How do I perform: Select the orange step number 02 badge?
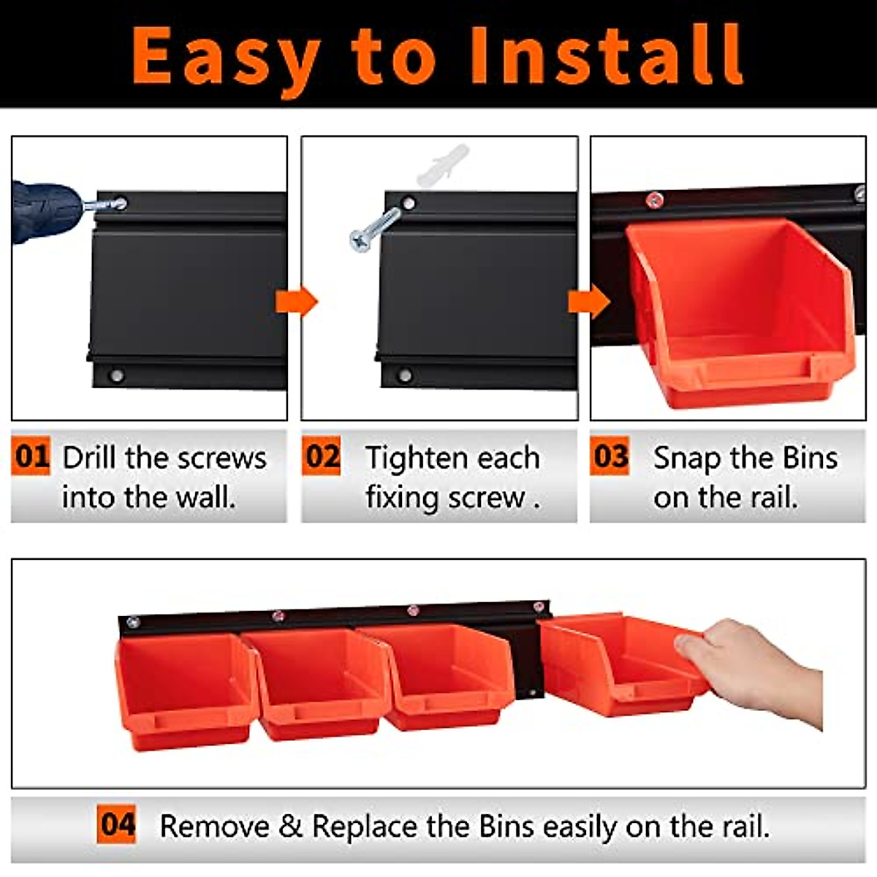tap(322, 457)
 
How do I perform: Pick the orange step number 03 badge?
tap(610, 457)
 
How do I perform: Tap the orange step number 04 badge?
tap(117, 825)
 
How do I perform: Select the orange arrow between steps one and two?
tap(296, 301)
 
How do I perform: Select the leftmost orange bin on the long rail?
tap(186, 691)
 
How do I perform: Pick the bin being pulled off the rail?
tap(621, 665)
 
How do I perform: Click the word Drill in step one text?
tap(89, 458)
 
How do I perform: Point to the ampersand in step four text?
tap(290, 827)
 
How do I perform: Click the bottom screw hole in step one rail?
tap(115, 376)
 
